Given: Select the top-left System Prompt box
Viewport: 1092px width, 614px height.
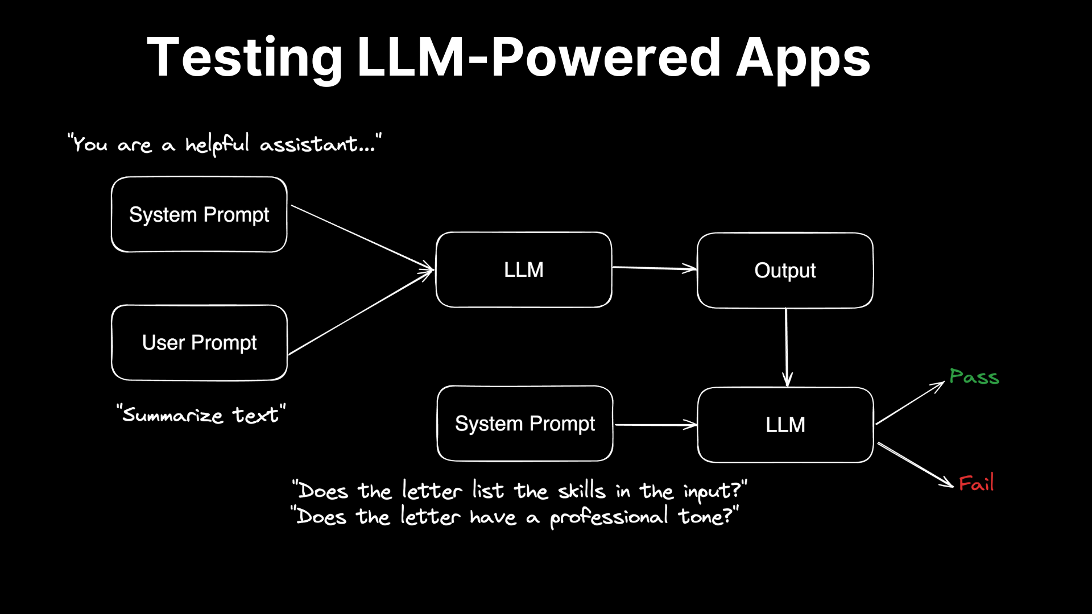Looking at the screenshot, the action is [x=199, y=214].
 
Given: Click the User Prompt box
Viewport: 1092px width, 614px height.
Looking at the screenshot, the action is [x=199, y=343].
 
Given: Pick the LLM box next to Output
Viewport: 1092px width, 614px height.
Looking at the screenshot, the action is [x=524, y=269].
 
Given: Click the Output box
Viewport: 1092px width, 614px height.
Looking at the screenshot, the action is [x=785, y=271].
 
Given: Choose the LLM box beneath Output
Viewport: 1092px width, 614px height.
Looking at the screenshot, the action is [x=785, y=425].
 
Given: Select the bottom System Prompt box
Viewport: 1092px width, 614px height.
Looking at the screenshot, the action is [x=525, y=424].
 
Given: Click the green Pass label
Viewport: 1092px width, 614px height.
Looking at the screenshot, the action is [x=974, y=376].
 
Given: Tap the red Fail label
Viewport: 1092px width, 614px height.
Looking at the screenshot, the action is [x=977, y=483].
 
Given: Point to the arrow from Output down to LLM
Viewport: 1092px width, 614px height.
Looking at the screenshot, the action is [x=787, y=347].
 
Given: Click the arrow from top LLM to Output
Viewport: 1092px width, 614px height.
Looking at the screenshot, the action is [x=654, y=268].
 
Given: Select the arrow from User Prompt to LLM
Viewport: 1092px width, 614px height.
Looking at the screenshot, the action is [x=361, y=312].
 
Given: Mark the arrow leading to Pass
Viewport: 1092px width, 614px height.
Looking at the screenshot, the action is [x=910, y=403].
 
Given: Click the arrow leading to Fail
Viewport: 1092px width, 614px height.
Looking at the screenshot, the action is [x=916, y=465].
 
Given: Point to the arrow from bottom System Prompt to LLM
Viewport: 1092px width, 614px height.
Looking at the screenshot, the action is [x=656, y=425].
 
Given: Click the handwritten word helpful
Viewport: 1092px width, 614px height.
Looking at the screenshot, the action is [x=217, y=144].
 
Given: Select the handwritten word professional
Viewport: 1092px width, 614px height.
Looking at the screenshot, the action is [x=609, y=517].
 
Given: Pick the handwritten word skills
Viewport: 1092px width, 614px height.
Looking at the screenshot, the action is [x=581, y=490].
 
